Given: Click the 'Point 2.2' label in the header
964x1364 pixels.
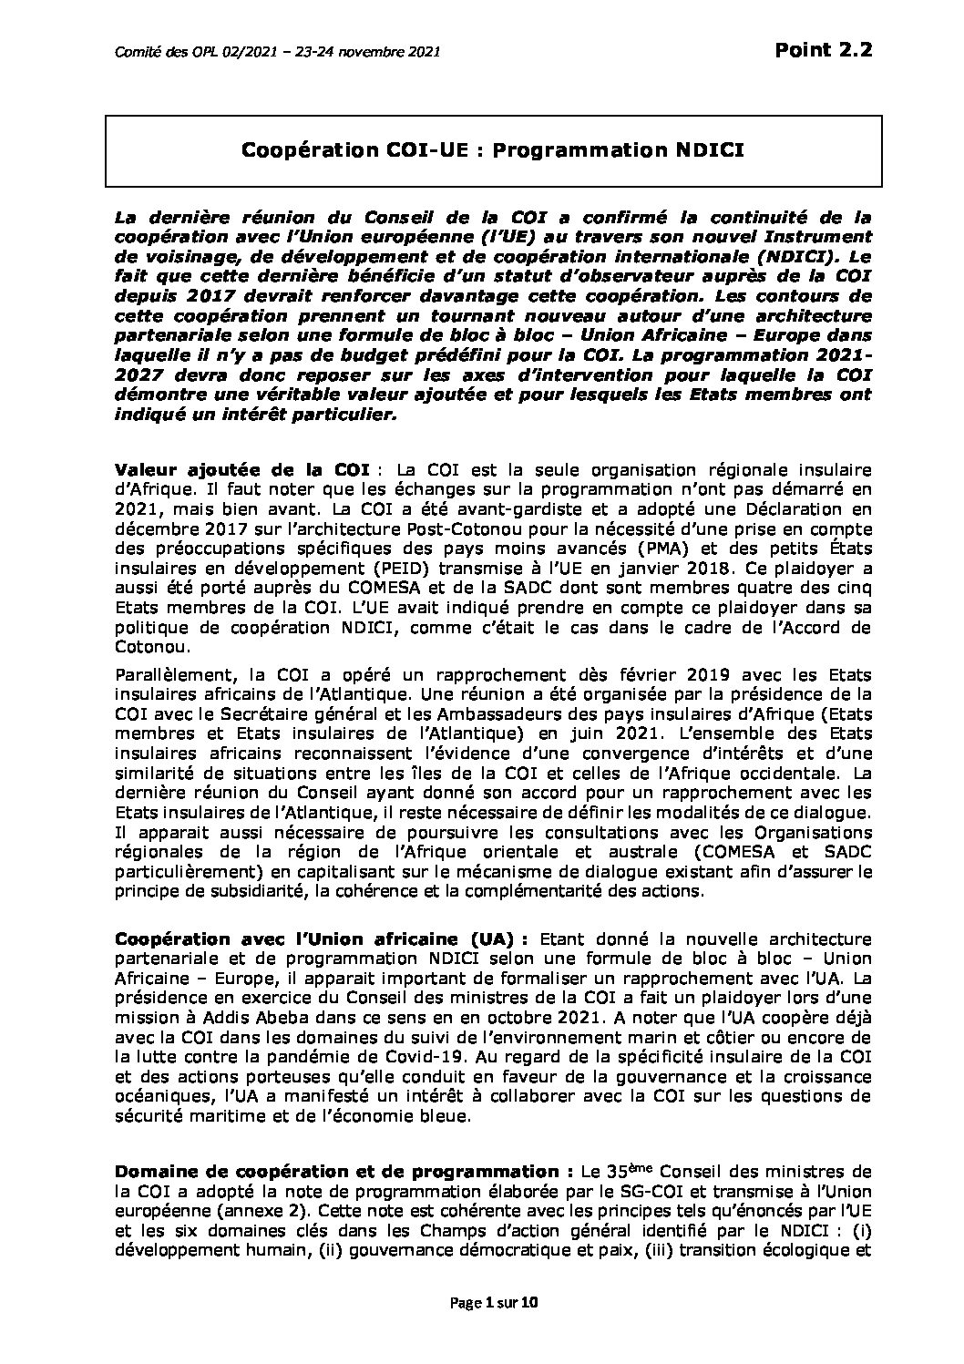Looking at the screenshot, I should [x=823, y=50].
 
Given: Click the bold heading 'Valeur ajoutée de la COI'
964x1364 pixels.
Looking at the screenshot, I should [x=241, y=469].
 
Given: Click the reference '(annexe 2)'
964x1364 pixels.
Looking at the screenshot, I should [x=262, y=1209].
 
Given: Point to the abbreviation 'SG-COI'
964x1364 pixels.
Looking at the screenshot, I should [x=608, y=1189].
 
